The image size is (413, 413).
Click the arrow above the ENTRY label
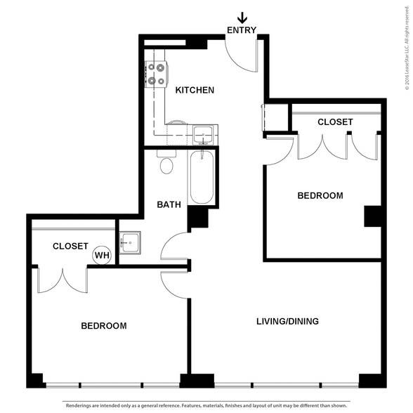[x=242, y=18]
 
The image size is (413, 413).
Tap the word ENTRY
[x=242, y=30]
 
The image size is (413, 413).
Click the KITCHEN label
[x=195, y=90]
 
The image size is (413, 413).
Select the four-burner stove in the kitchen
[x=157, y=74]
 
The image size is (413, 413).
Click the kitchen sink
[x=203, y=135]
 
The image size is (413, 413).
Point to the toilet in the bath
[x=166, y=162]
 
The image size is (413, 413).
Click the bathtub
[x=202, y=177]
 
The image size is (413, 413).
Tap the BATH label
[x=169, y=204]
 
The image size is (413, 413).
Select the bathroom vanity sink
[x=130, y=242]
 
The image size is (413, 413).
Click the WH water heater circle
[x=102, y=255]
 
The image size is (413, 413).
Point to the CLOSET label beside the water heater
[x=70, y=247]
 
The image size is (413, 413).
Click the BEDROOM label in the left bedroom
[x=104, y=326]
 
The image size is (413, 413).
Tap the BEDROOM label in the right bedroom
[x=320, y=196]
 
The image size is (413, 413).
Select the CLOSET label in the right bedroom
[x=335, y=122]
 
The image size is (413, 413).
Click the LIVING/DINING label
[x=288, y=322]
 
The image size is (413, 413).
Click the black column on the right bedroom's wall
[x=373, y=216]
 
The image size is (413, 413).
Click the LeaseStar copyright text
[x=407, y=48]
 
